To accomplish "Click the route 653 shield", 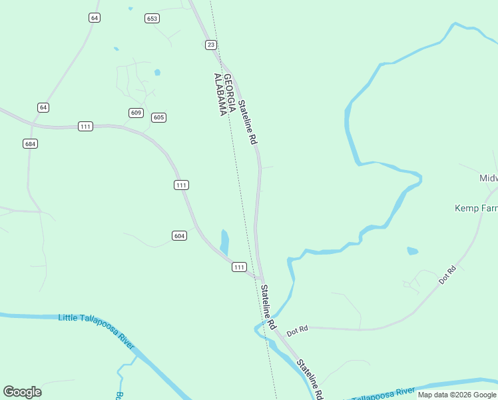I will (x=152, y=19).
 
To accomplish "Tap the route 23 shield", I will (x=211, y=45).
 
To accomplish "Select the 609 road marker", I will (x=136, y=113).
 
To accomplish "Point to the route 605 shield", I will (x=158, y=117).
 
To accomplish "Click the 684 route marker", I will (x=30, y=143).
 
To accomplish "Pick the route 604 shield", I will (x=179, y=235).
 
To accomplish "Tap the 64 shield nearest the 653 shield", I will (x=95, y=18).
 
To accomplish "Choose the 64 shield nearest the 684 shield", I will (x=43, y=107).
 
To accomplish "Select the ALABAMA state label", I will (x=218, y=95).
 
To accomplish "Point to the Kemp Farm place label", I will (x=476, y=208).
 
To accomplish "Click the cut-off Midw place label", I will (x=488, y=179).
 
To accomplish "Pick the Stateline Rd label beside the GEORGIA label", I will (x=247, y=122).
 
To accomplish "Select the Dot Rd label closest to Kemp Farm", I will (x=447, y=275).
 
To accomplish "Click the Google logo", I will (x=22, y=392).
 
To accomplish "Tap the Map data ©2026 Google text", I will (x=457, y=395).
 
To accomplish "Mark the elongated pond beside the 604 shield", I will (x=224, y=241).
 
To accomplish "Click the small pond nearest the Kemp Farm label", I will (x=413, y=251).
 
